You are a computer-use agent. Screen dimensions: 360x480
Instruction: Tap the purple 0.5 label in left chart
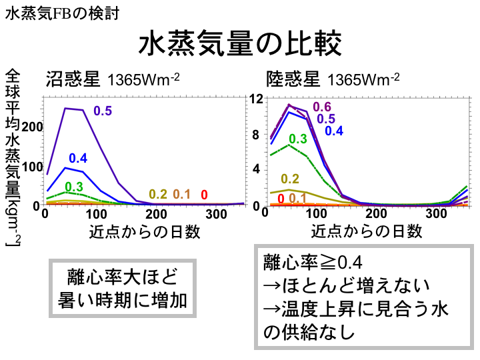click(103, 111)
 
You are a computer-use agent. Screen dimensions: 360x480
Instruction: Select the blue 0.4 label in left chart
click(78, 158)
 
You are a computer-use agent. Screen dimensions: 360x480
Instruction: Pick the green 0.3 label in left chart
click(73, 186)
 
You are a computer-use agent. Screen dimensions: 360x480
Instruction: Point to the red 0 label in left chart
click(204, 195)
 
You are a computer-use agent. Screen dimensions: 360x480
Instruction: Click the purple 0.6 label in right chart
click(322, 107)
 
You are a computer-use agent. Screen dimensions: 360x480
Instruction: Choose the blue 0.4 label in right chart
click(334, 131)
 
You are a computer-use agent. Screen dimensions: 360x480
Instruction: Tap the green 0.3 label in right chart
click(297, 139)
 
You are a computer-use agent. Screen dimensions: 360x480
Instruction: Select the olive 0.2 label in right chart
click(290, 178)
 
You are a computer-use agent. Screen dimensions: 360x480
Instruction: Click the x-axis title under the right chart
click(367, 231)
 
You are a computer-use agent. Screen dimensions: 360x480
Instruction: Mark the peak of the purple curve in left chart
click(65, 108)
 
